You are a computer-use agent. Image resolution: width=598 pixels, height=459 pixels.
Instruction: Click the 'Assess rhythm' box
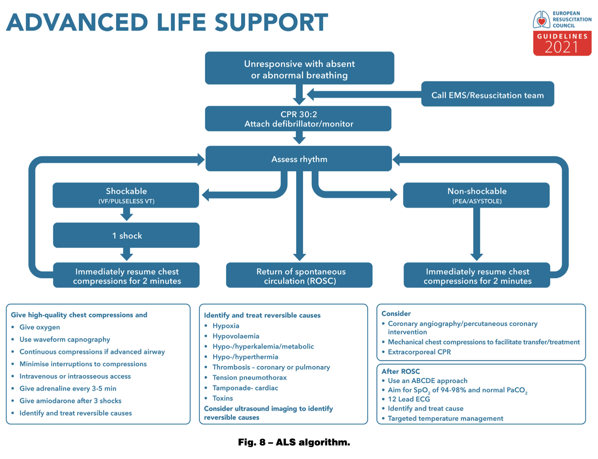point(299,159)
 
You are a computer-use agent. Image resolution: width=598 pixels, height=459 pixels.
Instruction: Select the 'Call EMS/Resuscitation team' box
point(487,95)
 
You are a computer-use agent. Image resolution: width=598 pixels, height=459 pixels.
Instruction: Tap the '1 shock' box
point(126,236)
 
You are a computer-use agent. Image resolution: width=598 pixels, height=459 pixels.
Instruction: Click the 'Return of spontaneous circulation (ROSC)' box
point(299,276)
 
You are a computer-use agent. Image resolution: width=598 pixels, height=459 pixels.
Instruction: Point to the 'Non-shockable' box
point(476,195)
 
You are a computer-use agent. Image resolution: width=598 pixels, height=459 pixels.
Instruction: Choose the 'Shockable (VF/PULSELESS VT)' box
point(126,195)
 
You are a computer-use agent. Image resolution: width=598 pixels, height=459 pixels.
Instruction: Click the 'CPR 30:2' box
point(298,119)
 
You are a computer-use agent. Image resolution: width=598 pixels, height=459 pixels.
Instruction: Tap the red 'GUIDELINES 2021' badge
point(562,43)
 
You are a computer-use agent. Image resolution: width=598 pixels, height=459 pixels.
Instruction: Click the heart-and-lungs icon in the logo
point(541,20)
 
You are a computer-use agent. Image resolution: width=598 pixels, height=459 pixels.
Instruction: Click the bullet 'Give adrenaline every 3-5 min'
point(68,388)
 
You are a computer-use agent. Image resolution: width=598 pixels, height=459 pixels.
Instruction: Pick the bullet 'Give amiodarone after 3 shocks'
point(70,401)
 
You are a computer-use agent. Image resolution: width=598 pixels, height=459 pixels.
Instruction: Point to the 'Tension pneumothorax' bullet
point(249,378)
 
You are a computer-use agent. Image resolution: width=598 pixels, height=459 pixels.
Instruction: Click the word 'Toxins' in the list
point(223,398)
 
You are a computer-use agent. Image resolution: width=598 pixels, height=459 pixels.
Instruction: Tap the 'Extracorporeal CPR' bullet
point(419,352)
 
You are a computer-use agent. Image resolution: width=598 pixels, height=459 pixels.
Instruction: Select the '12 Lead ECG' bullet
point(409,399)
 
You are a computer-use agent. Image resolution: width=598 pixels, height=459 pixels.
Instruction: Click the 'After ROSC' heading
point(400,371)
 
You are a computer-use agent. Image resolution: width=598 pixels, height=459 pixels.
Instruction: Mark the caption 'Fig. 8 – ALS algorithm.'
point(294,442)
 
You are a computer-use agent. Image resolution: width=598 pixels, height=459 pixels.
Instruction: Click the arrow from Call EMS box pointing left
point(363,95)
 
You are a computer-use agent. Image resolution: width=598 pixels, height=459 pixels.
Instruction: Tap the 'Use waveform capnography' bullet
point(65,340)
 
